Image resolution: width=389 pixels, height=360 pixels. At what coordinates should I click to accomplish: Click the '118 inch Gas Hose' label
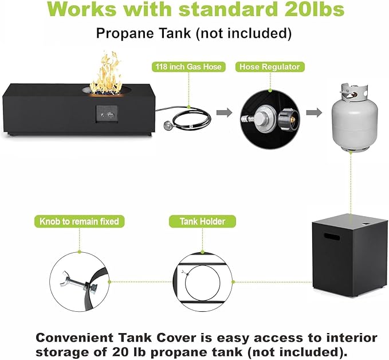(188, 67)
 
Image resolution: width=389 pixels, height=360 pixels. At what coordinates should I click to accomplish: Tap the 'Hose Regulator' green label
(270, 67)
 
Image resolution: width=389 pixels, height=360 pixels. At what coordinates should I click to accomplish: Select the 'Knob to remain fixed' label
(79, 221)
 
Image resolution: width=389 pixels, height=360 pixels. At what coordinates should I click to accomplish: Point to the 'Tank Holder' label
(202, 221)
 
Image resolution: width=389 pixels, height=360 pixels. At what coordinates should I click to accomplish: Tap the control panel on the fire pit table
(107, 114)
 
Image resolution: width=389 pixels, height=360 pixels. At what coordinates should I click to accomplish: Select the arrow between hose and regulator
(224, 112)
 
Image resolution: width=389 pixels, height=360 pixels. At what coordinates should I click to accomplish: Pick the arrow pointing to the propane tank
(314, 112)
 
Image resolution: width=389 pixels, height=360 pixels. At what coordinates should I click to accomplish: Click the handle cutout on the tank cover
(332, 236)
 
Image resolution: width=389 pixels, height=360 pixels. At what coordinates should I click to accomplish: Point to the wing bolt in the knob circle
(78, 283)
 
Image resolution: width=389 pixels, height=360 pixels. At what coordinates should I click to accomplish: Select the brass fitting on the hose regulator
(292, 120)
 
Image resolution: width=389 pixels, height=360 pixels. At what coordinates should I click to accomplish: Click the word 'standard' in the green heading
(228, 9)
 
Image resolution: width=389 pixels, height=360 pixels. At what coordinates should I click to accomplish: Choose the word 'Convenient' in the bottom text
(74, 338)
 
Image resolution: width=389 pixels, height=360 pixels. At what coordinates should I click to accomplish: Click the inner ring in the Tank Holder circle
(185, 283)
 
